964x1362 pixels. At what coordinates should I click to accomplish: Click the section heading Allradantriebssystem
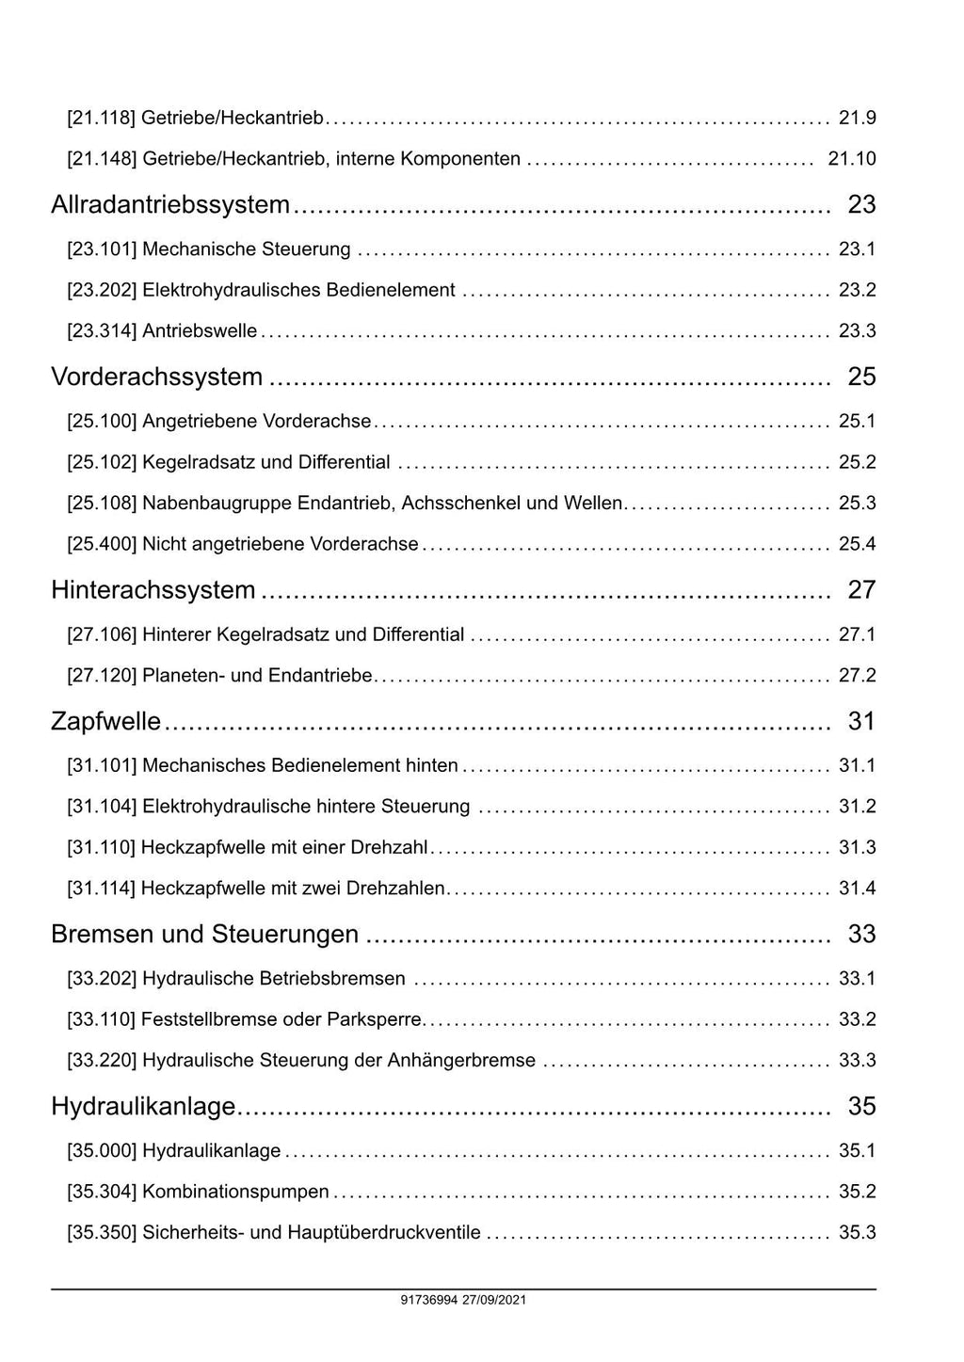pyautogui.click(x=170, y=205)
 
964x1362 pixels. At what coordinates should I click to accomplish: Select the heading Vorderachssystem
pyautogui.click(x=156, y=377)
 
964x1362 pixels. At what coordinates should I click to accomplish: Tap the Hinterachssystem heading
pyautogui.click(x=153, y=590)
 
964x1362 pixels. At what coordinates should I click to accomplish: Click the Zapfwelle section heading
pyautogui.click(x=105, y=722)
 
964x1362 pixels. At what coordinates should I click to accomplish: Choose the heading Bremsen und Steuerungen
pyautogui.click(x=204, y=935)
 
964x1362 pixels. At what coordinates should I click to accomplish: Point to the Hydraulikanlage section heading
pyautogui.click(x=142, y=1107)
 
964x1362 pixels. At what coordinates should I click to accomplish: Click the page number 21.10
pyautogui.click(x=851, y=159)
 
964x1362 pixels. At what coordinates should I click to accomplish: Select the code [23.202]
pyautogui.click(x=102, y=290)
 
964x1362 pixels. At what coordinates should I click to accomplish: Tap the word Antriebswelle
pyautogui.click(x=200, y=331)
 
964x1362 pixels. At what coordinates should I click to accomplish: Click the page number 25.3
pyautogui.click(x=857, y=504)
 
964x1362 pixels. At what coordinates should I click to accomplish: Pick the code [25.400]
pyautogui.click(x=102, y=544)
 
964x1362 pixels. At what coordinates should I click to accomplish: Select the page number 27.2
pyautogui.click(x=857, y=676)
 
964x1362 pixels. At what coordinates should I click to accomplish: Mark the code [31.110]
pyautogui.click(x=101, y=848)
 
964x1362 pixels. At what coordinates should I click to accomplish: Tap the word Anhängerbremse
pyautogui.click(x=460, y=1061)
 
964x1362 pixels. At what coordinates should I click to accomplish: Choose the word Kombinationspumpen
pyautogui.click(x=235, y=1193)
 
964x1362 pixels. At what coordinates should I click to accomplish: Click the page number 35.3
pyautogui.click(x=857, y=1233)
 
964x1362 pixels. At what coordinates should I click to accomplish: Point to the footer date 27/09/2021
pyautogui.click(x=501, y=1301)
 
